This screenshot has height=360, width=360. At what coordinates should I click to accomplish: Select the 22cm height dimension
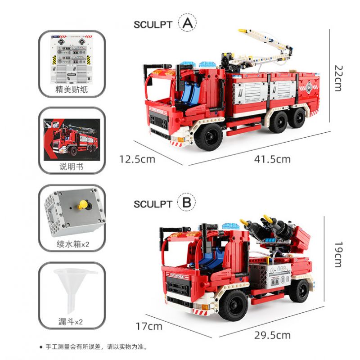pos(338,78)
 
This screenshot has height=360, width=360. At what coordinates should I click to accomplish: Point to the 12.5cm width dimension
pos(137,159)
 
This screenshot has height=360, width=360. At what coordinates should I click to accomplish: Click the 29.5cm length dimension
pos(272,335)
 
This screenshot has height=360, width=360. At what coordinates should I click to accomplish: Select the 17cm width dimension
pos(148,326)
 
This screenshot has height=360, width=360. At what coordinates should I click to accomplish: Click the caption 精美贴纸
pos(72,90)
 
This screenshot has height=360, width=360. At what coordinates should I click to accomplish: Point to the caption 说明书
pos(72,167)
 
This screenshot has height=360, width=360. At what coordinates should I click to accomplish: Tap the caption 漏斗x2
pos(72,322)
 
